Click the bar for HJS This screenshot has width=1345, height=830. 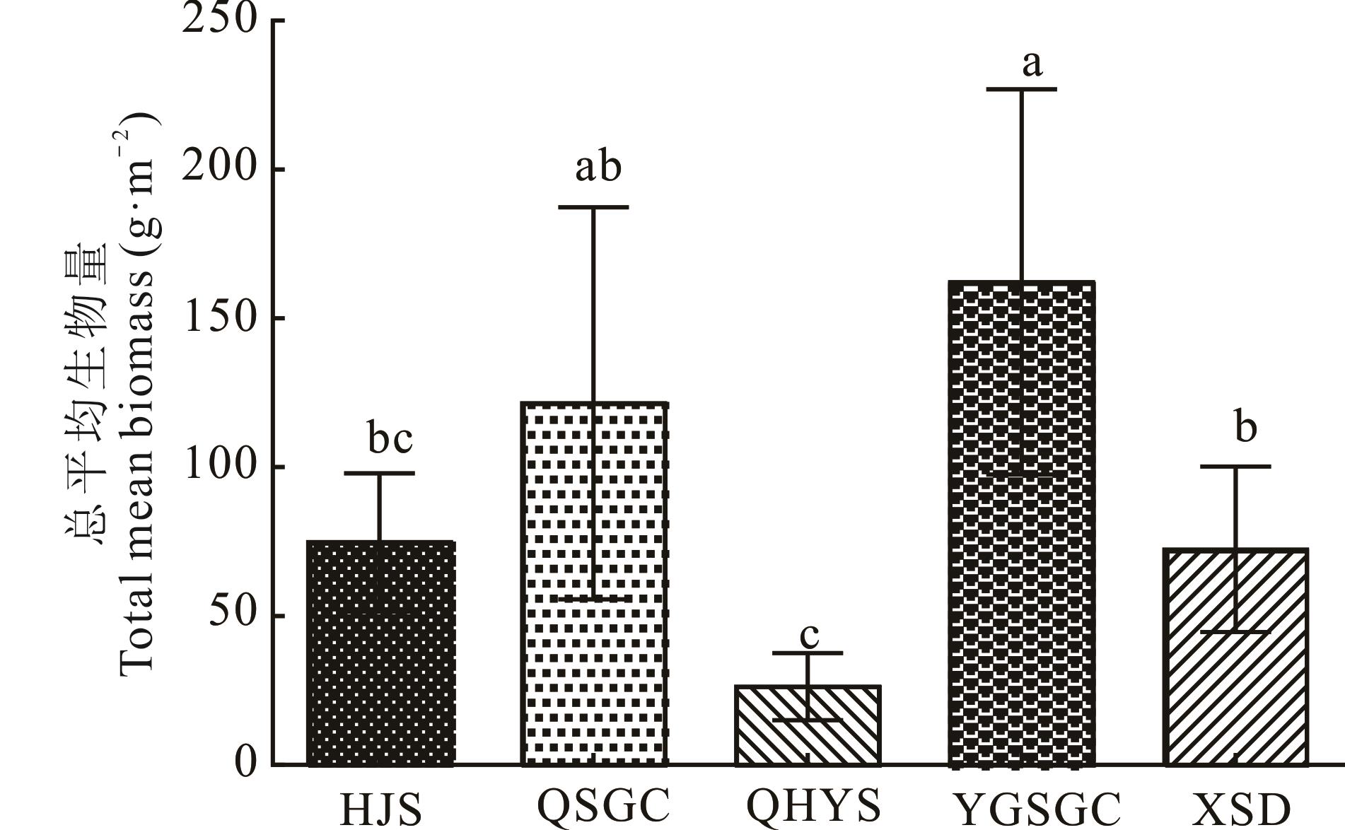point(380,654)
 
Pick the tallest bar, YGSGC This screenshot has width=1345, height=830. point(1021,524)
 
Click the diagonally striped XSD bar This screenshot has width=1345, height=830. point(1235,657)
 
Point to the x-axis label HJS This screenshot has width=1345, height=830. point(381,809)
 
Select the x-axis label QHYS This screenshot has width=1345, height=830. point(814,805)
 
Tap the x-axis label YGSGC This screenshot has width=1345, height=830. point(1036,809)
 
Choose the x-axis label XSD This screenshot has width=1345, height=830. point(1241,809)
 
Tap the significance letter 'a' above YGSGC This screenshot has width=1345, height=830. point(1032,64)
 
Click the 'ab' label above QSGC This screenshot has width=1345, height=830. point(598,167)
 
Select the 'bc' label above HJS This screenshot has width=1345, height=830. point(390,438)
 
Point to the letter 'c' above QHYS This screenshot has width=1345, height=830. point(809,636)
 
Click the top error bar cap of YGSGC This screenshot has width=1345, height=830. point(1021,89)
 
